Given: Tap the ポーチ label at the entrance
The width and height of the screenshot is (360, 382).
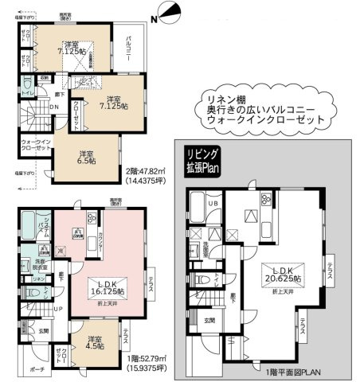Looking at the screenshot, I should click(x=38, y=371).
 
